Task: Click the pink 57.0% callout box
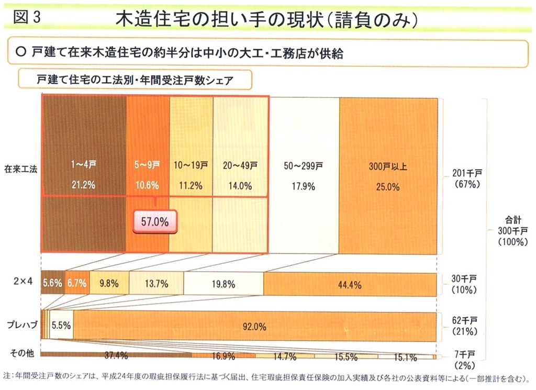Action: [x=155, y=221]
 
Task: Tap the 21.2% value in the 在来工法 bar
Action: [x=84, y=185]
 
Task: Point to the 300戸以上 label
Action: [x=388, y=167]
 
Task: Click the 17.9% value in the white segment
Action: [x=303, y=186]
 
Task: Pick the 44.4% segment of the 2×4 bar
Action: [x=350, y=284]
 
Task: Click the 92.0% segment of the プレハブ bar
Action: [x=254, y=327]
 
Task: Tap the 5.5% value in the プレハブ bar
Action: [x=61, y=325]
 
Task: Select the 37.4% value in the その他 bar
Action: [x=116, y=357]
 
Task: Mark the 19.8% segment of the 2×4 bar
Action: [x=224, y=284]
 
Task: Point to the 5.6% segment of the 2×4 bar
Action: [x=52, y=284]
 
